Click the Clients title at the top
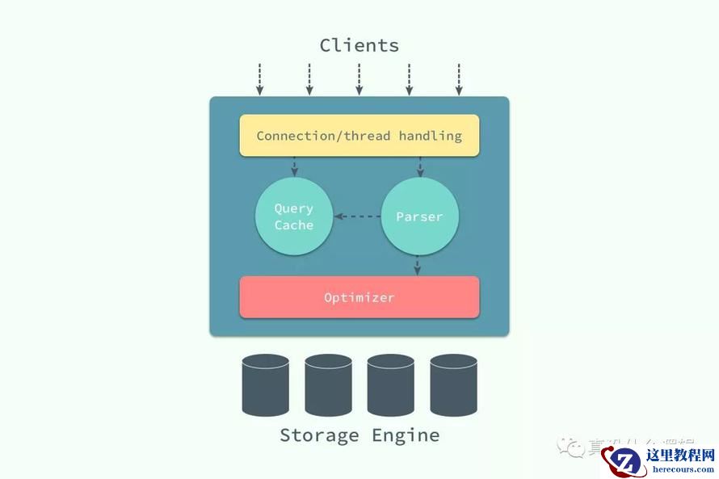(x=359, y=45)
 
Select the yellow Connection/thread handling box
(x=359, y=136)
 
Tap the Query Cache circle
(x=294, y=216)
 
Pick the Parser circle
(x=419, y=216)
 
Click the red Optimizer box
(x=359, y=297)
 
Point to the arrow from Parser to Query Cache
(x=357, y=216)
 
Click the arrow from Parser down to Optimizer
(x=418, y=266)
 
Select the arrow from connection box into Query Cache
(x=294, y=166)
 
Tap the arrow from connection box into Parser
(x=420, y=166)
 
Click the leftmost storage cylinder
(x=266, y=384)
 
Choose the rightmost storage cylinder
(x=453, y=384)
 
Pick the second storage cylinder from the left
(x=328, y=384)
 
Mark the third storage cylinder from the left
(x=391, y=384)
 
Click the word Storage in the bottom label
(x=319, y=435)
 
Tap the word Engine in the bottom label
(x=406, y=435)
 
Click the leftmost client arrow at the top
(x=259, y=79)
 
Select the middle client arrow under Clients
(x=359, y=79)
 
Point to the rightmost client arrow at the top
(x=459, y=79)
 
